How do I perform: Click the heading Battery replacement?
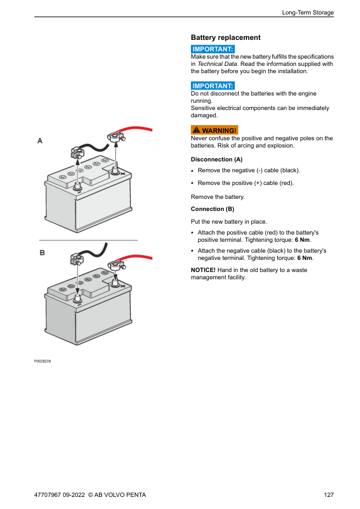tap(225, 37)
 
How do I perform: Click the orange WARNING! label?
tap(214, 130)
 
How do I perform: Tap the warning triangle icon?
tap(196, 130)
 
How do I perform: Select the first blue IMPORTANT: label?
tap(213, 49)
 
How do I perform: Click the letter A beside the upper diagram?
tap(40, 141)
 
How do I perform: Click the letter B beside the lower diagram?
tap(42, 253)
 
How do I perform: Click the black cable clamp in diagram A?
tap(77, 152)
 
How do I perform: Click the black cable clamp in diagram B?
tap(77, 259)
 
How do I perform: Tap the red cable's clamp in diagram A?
tap(115, 137)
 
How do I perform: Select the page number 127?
tap(329, 494)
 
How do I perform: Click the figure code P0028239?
tap(42, 361)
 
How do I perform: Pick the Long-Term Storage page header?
tap(308, 12)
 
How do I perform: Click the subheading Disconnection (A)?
tap(217, 160)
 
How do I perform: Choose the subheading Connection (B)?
tap(213, 209)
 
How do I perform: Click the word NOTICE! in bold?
tap(203, 270)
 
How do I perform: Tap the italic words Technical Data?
tap(217, 64)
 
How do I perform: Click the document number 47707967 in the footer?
tap(47, 494)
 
